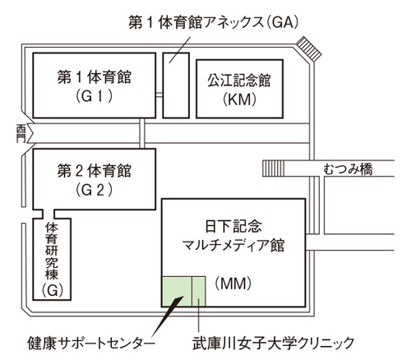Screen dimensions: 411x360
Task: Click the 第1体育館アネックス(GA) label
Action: click(x=214, y=22)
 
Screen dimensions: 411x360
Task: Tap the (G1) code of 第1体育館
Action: click(x=94, y=96)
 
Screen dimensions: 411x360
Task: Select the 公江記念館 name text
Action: click(x=239, y=81)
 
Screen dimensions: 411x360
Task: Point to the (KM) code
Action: click(x=239, y=99)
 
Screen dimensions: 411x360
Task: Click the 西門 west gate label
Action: click(x=21, y=133)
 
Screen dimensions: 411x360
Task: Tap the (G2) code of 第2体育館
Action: click(x=94, y=190)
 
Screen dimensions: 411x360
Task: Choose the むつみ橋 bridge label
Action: click(x=348, y=168)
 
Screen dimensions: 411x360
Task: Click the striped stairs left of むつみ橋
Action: click(x=273, y=168)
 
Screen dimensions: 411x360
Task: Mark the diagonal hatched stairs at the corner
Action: click(x=309, y=48)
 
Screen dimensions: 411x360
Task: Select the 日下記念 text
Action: click(x=233, y=226)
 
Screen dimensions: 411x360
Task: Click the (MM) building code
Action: click(x=233, y=284)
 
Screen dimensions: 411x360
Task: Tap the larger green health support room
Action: click(x=177, y=291)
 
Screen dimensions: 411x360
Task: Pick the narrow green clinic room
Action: click(x=198, y=291)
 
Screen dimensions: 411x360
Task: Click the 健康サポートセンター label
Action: click(x=91, y=343)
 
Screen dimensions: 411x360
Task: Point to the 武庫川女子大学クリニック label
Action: click(x=274, y=343)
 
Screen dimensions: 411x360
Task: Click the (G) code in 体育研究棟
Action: click(x=53, y=290)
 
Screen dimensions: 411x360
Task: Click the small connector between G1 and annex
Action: click(x=159, y=95)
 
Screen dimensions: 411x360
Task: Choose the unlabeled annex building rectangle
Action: click(x=176, y=85)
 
